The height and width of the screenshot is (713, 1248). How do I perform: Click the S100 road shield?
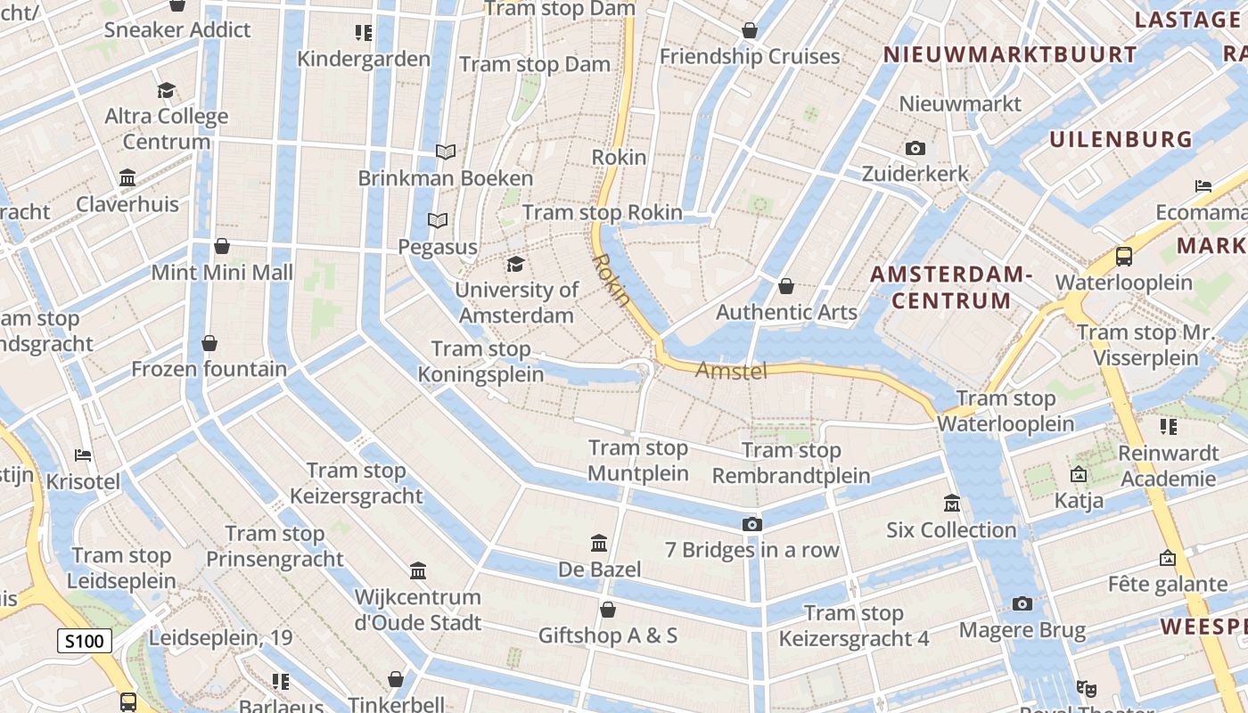click(x=86, y=641)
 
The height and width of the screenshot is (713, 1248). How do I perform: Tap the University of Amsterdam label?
click(x=516, y=302)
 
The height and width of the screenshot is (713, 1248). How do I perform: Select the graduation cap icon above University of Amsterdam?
click(x=516, y=264)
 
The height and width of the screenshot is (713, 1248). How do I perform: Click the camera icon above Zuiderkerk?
click(x=915, y=149)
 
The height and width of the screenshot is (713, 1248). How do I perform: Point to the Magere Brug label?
click(x=1022, y=631)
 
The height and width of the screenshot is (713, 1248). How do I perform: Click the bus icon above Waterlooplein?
click(x=1124, y=257)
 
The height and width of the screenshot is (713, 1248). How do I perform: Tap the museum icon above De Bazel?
click(x=599, y=543)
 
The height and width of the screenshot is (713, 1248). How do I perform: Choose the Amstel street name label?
click(x=731, y=370)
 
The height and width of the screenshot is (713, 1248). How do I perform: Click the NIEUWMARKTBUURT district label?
click(x=1010, y=55)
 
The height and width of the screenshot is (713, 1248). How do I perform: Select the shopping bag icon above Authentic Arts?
click(x=786, y=286)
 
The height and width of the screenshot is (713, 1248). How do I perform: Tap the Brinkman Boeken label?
click(x=446, y=178)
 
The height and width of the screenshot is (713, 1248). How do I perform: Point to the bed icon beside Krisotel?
click(x=83, y=455)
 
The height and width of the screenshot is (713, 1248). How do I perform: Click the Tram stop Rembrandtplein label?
click(x=792, y=463)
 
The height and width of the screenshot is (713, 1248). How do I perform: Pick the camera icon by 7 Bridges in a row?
click(x=752, y=524)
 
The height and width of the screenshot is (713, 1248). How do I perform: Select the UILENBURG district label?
click(x=1121, y=139)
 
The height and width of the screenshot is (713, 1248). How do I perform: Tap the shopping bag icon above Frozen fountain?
click(x=209, y=343)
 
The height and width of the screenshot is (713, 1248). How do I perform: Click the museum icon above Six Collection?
click(x=951, y=504)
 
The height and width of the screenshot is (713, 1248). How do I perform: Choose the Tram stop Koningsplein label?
click(x=481, y=361)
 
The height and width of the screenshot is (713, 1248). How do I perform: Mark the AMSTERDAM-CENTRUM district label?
click(x=951, y=287)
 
